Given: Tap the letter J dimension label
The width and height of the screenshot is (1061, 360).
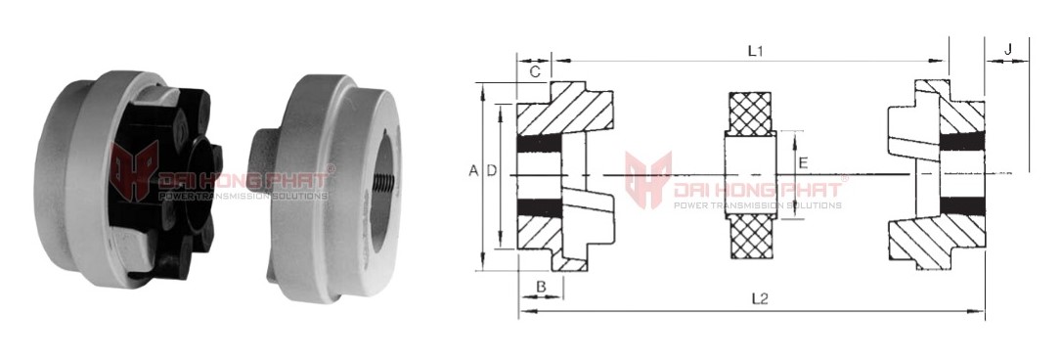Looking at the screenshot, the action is coord(1007,49).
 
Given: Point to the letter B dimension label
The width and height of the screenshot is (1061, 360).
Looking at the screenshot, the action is coord(541,287).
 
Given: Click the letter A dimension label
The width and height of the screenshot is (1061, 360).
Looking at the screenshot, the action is coord(473,171).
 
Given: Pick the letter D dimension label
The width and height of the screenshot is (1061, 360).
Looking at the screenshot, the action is coord(491,171).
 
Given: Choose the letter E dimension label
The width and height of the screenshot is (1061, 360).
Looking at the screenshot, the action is coord(803,163).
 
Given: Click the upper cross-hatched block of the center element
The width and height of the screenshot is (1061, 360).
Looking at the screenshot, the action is coord(750,112).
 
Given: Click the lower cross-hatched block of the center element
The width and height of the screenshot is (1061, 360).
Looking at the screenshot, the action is coord(750,238).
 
